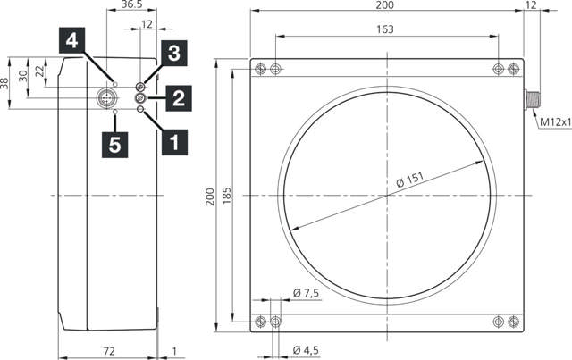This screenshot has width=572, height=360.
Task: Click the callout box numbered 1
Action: pos(173,140)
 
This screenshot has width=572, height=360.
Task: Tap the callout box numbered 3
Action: pos(173,53)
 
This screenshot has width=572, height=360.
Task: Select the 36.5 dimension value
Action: pos(131,5)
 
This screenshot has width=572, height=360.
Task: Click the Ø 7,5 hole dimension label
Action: pos(307,293)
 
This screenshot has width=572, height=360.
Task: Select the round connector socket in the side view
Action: pos(106,96)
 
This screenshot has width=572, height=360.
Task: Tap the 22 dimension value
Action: pos(38,71)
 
